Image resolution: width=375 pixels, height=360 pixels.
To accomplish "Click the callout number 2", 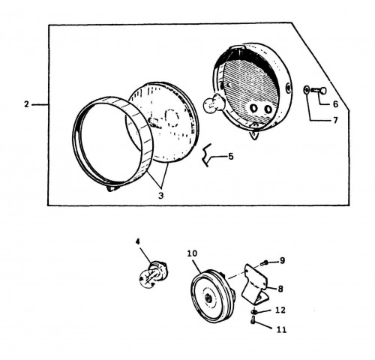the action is click(26, 104).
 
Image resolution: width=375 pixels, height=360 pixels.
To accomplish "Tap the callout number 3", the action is click(160, 196).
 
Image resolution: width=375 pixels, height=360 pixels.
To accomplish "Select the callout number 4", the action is click(138, 241).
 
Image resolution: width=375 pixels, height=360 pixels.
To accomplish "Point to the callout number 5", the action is click(231, 157).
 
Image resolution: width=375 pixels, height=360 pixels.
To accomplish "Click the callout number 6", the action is click(335, 104).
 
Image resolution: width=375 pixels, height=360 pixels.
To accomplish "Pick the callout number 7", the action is click(335, 120).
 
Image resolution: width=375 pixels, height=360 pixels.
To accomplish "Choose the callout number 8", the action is click(280, 289).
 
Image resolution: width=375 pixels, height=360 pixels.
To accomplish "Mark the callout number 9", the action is click(282, 260).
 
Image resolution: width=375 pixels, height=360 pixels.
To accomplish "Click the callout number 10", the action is click(192, 253).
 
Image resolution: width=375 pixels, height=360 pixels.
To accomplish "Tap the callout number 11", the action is click(281, 330).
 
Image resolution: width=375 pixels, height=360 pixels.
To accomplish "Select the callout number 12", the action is click(280, 310).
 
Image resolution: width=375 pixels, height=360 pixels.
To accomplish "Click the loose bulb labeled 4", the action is click(152, 275).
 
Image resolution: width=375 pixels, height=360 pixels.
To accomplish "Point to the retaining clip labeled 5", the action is click(206, 155).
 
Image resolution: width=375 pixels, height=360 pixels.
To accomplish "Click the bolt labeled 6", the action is click(319, 91).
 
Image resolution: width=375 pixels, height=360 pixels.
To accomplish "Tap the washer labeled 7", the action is click(306, 90).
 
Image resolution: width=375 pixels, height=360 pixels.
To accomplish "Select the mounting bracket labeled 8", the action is click(256, 283).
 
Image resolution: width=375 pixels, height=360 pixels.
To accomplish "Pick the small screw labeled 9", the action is click(264, 262).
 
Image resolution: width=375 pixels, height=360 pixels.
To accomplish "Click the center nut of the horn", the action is click(207, 298).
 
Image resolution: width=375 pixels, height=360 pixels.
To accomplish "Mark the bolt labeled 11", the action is click(253, 320).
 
